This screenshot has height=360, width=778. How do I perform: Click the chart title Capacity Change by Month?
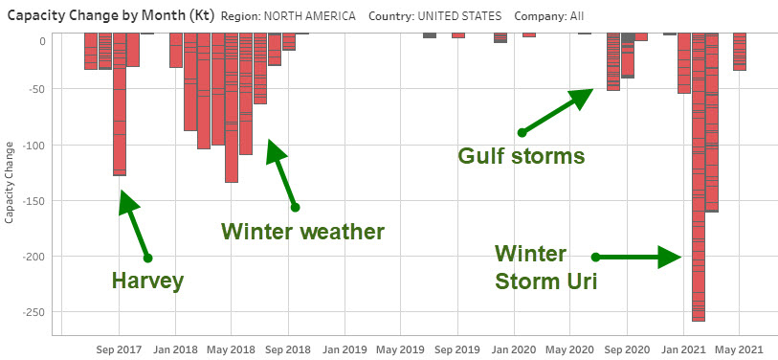[x=108, y=16]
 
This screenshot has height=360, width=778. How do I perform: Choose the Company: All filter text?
[x=548, y=16]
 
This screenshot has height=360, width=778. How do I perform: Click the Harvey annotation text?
[x=146, y=281]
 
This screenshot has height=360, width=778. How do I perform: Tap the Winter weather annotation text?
[x=302, y=232]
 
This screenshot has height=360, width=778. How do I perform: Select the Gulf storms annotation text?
[x=521, y=155]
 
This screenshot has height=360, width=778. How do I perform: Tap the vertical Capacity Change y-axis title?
[x=10, y=181]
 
